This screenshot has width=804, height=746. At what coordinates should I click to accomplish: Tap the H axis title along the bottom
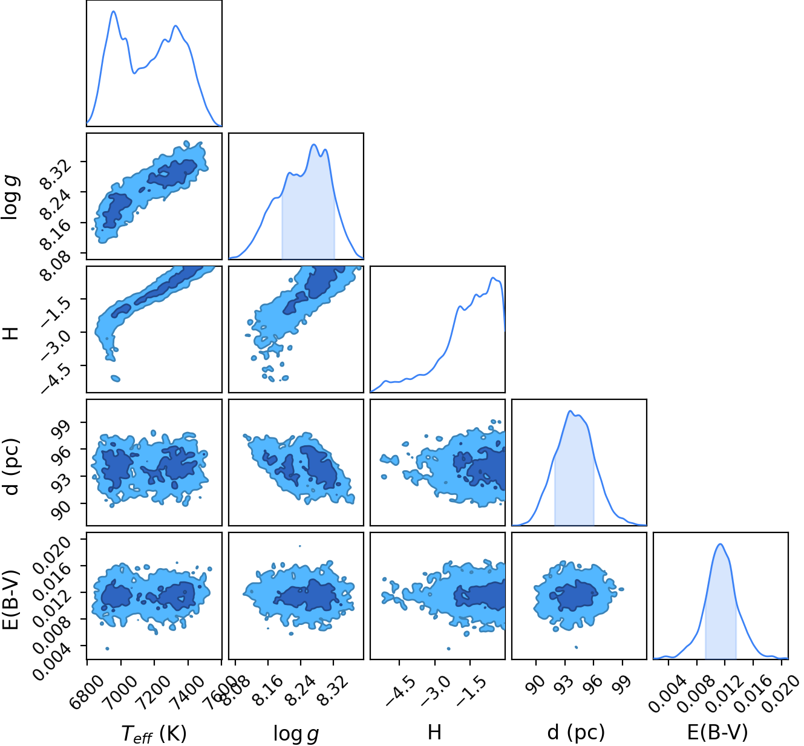point(434,732)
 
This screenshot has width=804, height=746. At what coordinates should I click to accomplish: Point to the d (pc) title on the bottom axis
point(576,732)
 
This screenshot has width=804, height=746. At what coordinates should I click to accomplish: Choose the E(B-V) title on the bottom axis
point(717,732)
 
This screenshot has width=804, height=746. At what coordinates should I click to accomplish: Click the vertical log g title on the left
point(10,197)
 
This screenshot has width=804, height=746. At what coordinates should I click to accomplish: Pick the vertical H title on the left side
point(10,333)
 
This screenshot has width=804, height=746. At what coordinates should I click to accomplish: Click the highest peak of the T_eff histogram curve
point(114,11)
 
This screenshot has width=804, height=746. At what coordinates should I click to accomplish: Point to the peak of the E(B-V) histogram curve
point(720,544)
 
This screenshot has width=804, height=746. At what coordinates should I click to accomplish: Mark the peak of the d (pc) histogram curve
point(570,411)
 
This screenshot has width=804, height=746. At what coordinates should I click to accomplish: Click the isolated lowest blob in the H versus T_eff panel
point(116,379)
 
